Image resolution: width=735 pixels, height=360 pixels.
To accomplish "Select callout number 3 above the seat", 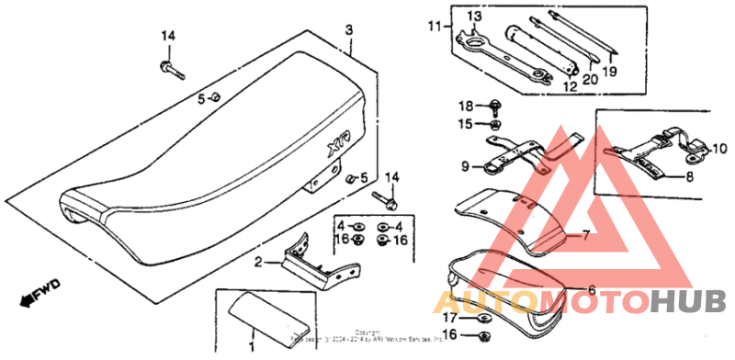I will click(349, 30).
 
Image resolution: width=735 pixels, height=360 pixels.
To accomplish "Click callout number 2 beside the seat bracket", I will click(258, 263).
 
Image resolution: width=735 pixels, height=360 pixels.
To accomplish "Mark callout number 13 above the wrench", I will click(473, 17).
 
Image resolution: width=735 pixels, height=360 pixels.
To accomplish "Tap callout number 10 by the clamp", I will click(719, 147).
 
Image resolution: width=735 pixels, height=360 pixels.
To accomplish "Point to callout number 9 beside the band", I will click(467, 166).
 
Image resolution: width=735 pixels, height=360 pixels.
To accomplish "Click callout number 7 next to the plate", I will click(584, 235).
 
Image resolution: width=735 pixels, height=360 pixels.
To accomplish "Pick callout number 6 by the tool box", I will click(592, 290).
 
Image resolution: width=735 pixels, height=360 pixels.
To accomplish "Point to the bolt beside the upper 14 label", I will click(170, 67).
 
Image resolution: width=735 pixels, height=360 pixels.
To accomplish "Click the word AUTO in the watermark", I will click(487, 301).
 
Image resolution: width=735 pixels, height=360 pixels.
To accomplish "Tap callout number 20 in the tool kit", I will click(589, 80).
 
